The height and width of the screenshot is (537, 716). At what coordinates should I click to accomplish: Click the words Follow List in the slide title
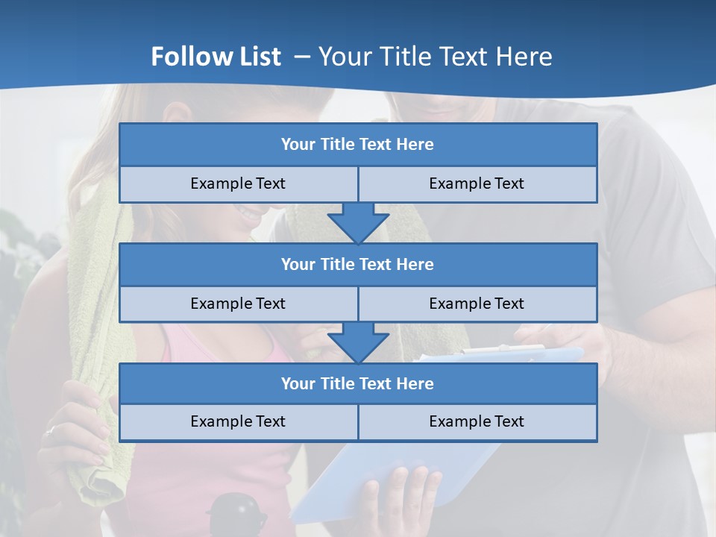click(x=216, y=57)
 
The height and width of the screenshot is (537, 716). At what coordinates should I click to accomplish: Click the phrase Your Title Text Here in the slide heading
click(x=435, y=57)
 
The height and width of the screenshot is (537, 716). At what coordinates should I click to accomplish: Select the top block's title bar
click(x=358, y=145)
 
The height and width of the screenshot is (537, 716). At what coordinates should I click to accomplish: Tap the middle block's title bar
click(x=358, y=264)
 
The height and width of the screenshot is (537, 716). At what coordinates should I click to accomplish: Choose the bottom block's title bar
click(x=358, y=383)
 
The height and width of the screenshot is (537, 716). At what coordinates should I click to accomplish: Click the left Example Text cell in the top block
click(x=238, y=183)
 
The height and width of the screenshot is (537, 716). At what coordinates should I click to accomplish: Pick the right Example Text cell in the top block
click(x=477, y=183)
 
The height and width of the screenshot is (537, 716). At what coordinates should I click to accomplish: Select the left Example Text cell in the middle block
click(x=238, y=304)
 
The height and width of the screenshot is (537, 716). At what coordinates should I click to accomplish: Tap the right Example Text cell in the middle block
click(x=477, y=304)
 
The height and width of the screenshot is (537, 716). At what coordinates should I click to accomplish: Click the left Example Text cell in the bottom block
click(x=238, y=421)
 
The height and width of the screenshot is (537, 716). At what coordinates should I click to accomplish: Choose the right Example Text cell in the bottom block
click(x=477, y=421)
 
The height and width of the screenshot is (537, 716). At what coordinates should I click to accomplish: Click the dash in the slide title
click(x=302, y=57)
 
